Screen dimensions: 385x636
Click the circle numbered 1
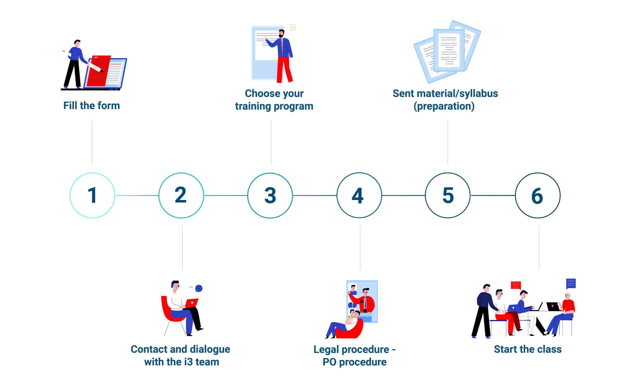coord(92,195)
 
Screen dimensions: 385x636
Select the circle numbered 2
coord(181,195)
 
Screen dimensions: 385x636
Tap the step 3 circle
coord(270,195)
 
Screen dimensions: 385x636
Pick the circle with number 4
coord(359,195)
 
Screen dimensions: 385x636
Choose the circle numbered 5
coord(448,195)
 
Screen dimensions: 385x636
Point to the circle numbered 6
coord(538,195)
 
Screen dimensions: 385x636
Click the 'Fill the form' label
coord(92,106)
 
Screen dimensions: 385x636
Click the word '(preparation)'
coord(444,106)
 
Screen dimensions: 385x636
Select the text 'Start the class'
coord(528,349)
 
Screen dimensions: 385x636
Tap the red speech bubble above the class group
coord(516,285)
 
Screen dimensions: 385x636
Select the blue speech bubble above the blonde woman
coord(571,283)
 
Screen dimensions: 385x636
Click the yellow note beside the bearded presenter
coord(293,28)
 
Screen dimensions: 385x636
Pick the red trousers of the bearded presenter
coord(284,69)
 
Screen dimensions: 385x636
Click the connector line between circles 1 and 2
coord(137,195)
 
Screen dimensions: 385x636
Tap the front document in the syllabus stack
coord(449,50)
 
